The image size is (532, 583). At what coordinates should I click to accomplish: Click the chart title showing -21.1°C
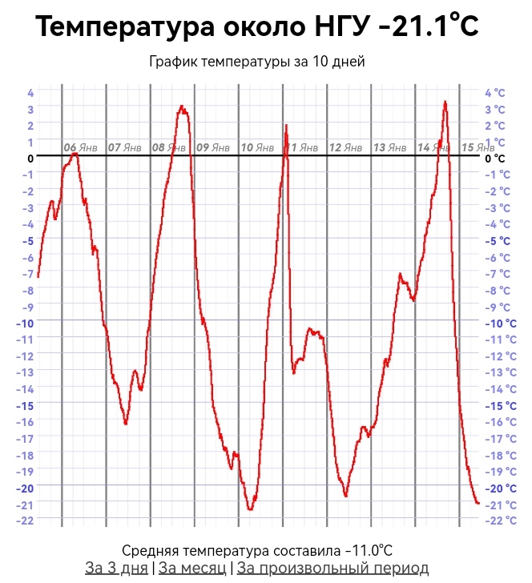point(257,27)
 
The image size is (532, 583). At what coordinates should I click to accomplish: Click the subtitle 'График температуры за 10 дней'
point(257,62)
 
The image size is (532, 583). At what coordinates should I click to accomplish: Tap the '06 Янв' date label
point(81,147)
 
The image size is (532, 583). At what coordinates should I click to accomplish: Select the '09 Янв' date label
point(213,147)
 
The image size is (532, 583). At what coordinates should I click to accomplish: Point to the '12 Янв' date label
point(346,147)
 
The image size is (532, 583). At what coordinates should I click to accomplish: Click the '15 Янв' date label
point(478,147)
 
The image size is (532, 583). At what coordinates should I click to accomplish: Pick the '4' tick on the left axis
point(30,93)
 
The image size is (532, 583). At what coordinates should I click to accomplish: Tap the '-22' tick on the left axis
point(26,521)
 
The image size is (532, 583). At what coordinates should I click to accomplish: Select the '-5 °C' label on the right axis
point(498,240)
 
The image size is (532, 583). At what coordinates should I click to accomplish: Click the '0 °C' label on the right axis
point(495,159)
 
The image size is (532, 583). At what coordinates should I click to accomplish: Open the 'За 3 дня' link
point(117,568)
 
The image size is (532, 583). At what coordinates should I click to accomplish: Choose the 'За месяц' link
point(191,568)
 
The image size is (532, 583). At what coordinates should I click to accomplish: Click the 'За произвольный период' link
point(332,568)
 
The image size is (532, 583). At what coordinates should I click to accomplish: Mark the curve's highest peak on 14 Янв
point(445,102)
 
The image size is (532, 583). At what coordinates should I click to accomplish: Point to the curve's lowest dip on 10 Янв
point(250,509)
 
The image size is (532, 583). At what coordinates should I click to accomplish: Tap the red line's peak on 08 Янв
point(182,107)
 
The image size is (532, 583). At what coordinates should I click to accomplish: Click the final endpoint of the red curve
point(478,503)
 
